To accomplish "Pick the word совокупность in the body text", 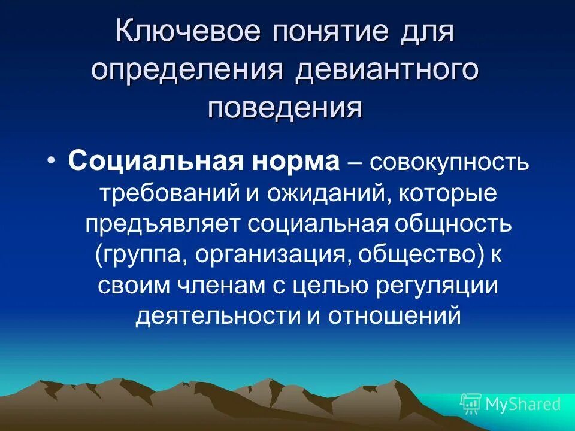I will [450, 162].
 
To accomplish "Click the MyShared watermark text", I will [522, 404].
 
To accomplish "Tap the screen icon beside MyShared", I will [471, 404].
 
